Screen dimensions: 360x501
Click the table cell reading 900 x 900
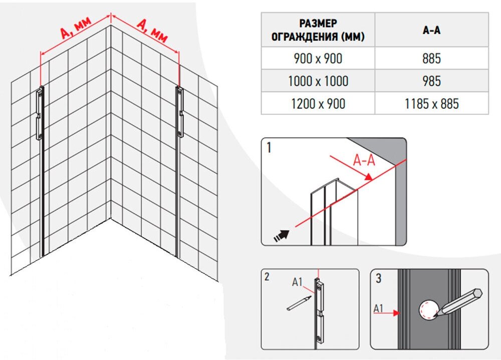318,59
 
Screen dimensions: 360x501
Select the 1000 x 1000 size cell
318,81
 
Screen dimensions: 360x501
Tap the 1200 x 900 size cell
318,104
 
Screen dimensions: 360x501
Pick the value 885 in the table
431,59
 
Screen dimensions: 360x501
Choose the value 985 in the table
431,81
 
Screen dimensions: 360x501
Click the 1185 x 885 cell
431,104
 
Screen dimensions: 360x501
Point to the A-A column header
431,30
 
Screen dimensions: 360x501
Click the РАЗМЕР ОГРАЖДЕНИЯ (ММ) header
318,30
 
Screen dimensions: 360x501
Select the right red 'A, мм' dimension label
151,30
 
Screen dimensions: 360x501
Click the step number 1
270,149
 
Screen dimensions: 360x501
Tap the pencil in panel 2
298,303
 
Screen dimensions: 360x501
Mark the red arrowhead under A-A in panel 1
369,176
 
